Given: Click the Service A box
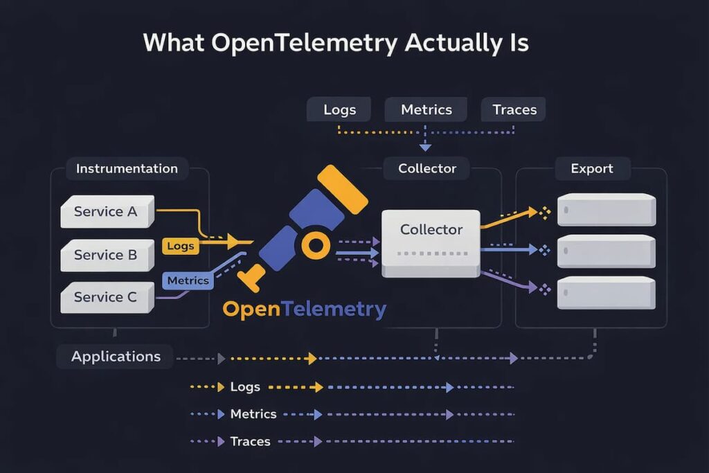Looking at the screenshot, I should (x=107, y=212).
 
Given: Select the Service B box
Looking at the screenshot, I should (x=107, y=255).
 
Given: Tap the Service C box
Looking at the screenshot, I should (x=107, y=297).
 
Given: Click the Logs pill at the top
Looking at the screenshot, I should (x=340, y=109).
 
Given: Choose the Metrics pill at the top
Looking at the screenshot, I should (x=427, y=109).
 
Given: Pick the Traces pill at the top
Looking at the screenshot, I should (x=513, y=109).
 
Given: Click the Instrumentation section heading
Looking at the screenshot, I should (x=127, y=168).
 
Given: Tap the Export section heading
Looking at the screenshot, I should (x=591, y=168).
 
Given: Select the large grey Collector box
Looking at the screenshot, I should (x=431, y=242).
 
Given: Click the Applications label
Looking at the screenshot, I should (x=116, y=357).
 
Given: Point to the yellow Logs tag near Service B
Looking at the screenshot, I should (x=181, y=246).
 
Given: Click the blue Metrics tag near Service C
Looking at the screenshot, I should (x=188, y=280).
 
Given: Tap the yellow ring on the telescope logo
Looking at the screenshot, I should (x=314, y=244).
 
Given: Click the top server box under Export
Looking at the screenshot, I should (x=607, y=209).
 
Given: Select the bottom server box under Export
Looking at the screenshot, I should (x=607, y=292).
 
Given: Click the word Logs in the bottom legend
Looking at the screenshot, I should (x=245, y=387).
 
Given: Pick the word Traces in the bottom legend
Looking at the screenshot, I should (x=250, y=441).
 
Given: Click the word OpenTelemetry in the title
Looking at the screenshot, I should (x=305, y=43).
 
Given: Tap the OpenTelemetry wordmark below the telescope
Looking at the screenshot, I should (x=304, y=309).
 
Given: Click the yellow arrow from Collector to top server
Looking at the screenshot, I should (x=510, y=218).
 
